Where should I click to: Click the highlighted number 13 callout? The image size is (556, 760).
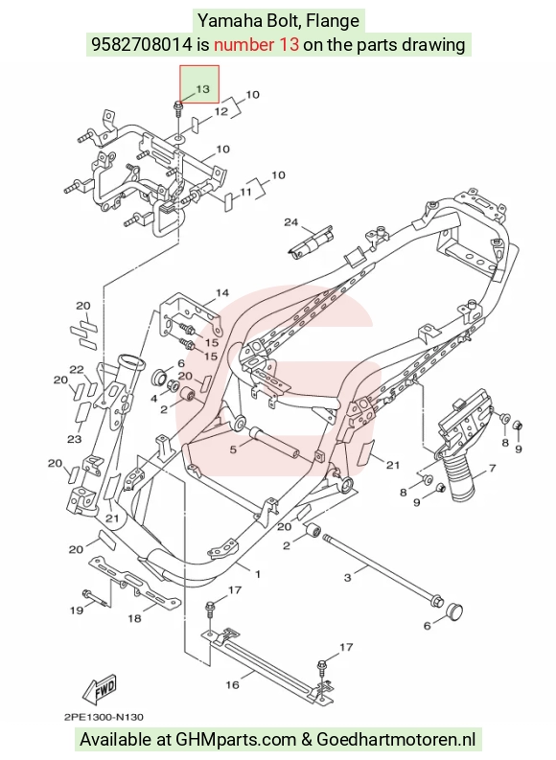(202, 89)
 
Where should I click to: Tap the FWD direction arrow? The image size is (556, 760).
(100, 689)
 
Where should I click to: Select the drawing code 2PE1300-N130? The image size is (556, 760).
(104, 717)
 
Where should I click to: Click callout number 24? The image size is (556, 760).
(290, 222)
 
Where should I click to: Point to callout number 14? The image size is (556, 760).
(222, 292)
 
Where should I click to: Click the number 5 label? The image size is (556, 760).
(233, 449)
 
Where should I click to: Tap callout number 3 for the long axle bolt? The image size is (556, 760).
(347, 578)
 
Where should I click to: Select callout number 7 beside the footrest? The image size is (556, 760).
(493, 468)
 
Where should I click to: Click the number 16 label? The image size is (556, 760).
(232, 684)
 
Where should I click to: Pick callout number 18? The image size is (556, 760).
(134, 618)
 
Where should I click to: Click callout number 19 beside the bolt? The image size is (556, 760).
(77, 610)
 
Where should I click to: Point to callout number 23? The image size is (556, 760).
(74, 439)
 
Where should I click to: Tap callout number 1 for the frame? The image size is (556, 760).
(258, 574)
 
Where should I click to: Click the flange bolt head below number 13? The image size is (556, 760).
(177, 104)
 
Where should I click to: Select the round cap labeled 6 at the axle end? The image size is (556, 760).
(452, 610)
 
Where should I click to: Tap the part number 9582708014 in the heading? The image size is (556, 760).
(142, 45)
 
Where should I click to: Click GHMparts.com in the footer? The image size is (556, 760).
(236, 740)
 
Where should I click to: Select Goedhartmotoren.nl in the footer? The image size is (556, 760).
(396, 740)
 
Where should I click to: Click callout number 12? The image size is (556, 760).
(221, 111)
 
